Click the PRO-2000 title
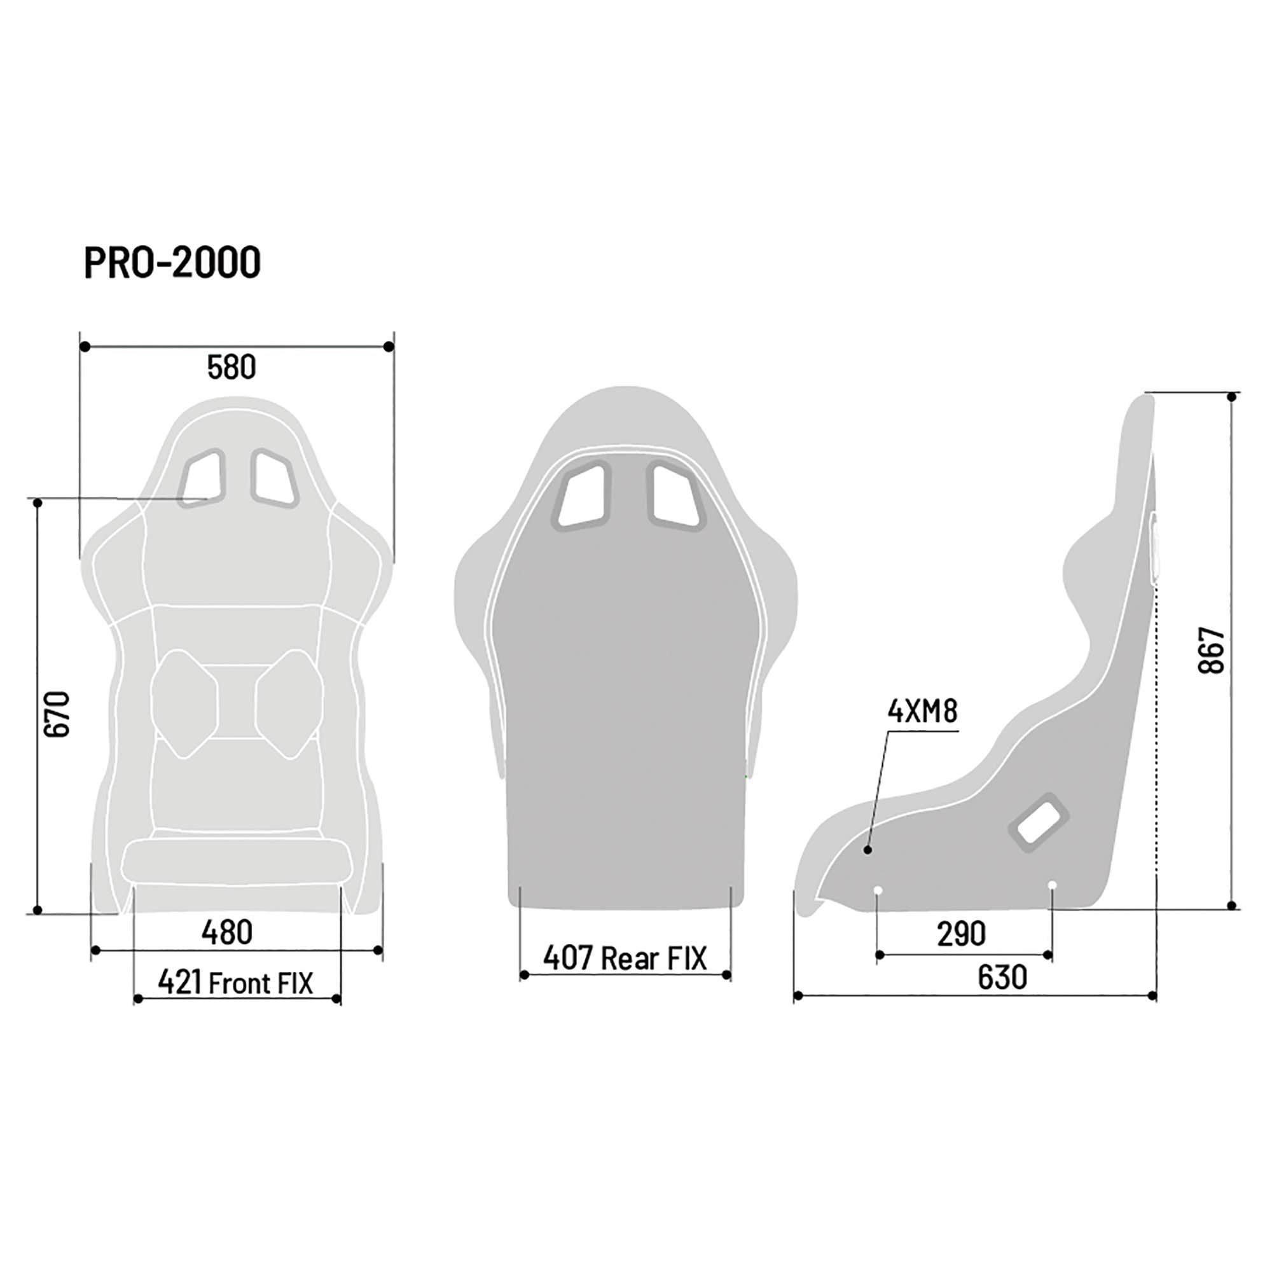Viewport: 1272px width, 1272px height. pos(172,263)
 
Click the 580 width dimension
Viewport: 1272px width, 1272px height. pos(231,368)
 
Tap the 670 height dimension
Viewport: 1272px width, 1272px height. pos(57,714)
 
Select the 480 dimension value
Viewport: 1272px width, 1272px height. pos(226,932)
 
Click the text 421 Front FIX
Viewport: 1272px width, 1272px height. pos(236,983)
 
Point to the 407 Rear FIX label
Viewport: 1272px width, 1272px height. pos(624,958)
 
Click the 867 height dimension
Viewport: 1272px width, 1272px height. pos(1212,650)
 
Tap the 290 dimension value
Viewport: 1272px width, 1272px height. pos(961,934)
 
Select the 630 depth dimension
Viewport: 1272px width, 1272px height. pos(1002,978)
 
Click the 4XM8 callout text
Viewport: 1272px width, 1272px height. pos(922,712)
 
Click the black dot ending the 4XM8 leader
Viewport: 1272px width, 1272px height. pos(868,850)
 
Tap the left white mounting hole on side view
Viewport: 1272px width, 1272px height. pos(877,890)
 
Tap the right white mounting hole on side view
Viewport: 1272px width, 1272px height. pos(1051,884)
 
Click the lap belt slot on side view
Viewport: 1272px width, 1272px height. pos(1039,823)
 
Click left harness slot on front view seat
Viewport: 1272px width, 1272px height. pos(202,479)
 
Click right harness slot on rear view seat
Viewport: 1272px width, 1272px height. pos(676,494)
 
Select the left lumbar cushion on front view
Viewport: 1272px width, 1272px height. pos(184,703)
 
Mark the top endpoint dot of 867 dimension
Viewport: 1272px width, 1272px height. pos(1231,396)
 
